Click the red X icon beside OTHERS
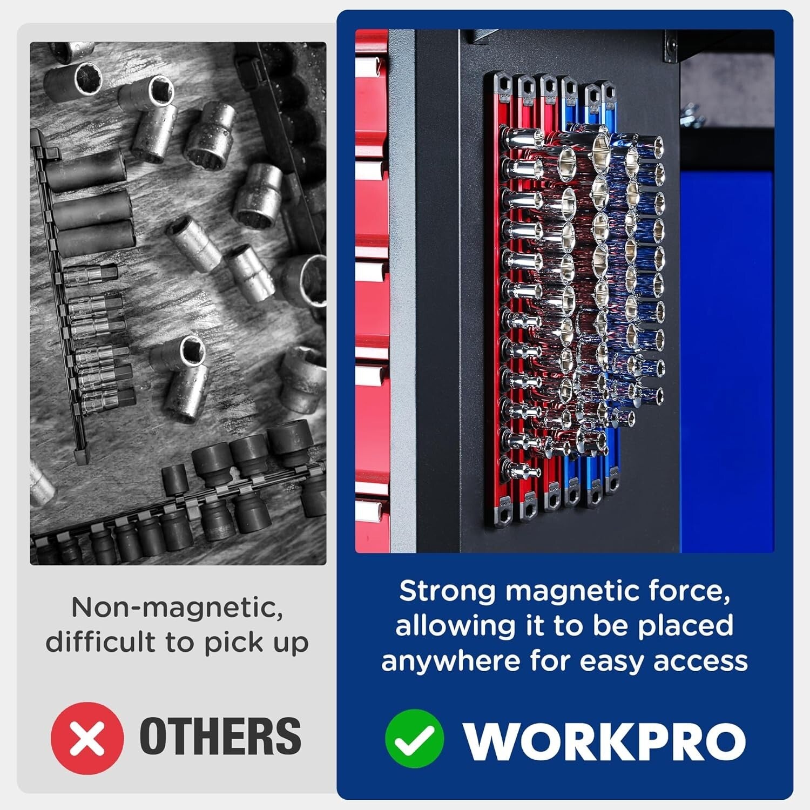(x=87, y=738)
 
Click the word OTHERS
(x=220, y=737)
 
